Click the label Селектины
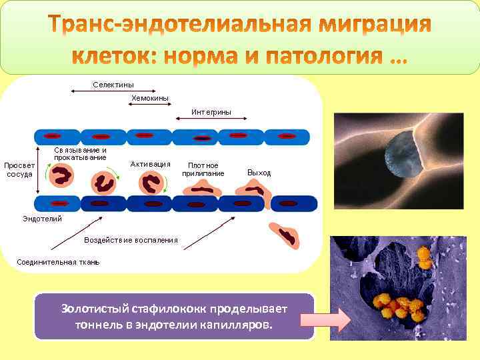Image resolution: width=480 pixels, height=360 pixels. click(113, 85)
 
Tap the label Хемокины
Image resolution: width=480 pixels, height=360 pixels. click(150, 98)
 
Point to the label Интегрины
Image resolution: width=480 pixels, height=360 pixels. click(211, 112)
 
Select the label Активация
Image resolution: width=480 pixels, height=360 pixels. click(151, 164)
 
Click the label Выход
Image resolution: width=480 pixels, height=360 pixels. click(259, 173)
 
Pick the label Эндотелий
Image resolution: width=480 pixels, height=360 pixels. click(42, 219)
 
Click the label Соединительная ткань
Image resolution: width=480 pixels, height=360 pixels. click(58, 262)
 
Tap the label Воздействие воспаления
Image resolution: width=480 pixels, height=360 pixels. click(131, 240)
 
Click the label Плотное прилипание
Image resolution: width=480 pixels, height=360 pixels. click(203, 169)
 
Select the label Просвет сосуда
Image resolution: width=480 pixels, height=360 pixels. click(19, 169)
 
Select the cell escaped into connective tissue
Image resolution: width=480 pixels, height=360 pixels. click(287, 235)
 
